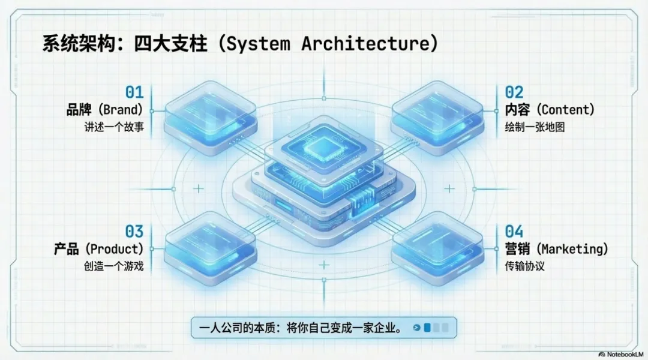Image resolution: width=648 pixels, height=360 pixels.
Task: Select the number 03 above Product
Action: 134,231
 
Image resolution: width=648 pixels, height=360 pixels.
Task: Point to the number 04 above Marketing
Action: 514,231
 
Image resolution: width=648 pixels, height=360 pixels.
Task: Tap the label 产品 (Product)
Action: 98,248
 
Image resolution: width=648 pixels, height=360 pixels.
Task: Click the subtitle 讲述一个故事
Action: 114,127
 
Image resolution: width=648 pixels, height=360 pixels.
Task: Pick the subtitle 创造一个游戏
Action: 114,266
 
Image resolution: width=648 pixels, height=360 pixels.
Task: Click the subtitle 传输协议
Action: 524,266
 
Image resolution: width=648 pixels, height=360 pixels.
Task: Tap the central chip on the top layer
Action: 323,147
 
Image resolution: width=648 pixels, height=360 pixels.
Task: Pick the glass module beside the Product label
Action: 210,243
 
